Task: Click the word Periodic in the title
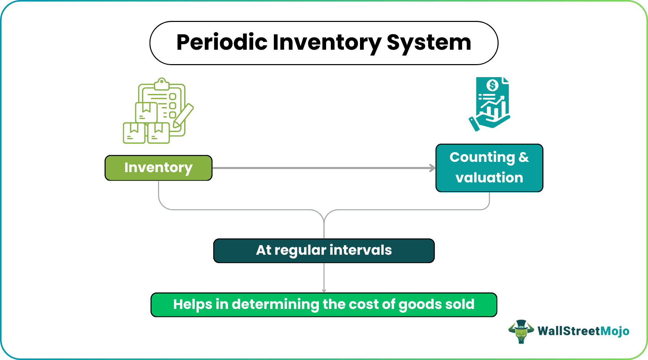(221, 43)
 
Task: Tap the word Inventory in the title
(327, 43)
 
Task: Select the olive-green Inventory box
(158, 168)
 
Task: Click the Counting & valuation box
(489, 168)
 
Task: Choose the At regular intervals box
(324, 251)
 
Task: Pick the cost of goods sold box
(324, 304)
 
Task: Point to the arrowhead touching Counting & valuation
(433, 168)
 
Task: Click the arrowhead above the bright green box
(324, 290)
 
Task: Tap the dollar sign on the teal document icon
(492, 85)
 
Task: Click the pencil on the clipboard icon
(183, 116)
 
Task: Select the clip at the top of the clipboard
(161, 83)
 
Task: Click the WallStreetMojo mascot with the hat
(521, 331)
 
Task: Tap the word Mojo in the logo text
(615, 331)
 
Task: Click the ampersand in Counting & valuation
(524, 157)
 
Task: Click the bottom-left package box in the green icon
(134, 133)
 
